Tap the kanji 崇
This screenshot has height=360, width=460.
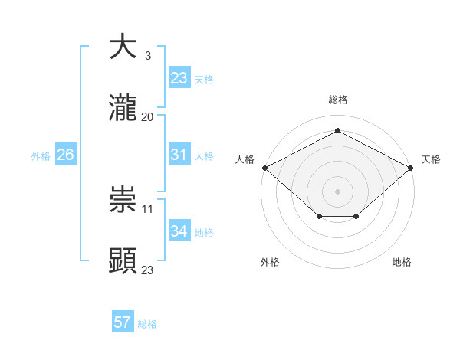point(123,200)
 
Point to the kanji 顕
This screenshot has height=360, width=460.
point(123,260)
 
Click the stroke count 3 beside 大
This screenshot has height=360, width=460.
point(147,56)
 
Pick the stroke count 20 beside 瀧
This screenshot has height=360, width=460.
point(148,116)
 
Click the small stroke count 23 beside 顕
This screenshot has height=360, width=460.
point(148,270)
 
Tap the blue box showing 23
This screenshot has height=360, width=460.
point(179,78)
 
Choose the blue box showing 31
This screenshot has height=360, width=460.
point(179,155)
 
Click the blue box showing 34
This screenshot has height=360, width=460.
point(179,231)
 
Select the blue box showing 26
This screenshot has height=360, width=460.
point(65,155)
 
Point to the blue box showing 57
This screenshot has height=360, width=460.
point(123,322)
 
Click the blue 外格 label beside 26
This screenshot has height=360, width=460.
point(41,155)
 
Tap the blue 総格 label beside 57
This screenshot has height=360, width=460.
point(147,324)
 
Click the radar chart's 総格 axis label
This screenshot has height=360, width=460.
point(337,100)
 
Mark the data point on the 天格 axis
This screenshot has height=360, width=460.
point(412,167)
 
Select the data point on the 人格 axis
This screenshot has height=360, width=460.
point(264,167)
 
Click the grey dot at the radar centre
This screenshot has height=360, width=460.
point(337,191)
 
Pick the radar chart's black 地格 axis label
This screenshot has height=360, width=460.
point(402,263)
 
